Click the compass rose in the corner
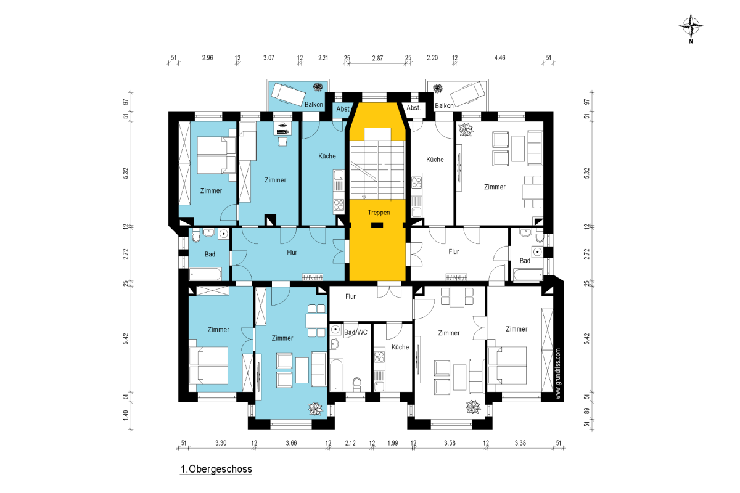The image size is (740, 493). pyautogui.click(x=691, y=26)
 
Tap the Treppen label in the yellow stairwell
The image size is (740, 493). pyautogui.click(x=379, y=213)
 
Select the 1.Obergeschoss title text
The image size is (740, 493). pyautogui.click(x=216, y=469)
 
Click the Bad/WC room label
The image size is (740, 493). pyautogui.click(x=356, y=332)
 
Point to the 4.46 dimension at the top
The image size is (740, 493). pyautogui.click(x=500, y=58)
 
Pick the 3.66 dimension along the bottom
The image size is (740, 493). pyautogui.click(x=291, y=443)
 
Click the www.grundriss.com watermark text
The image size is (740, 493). pyautogui.click(x=558, y=374)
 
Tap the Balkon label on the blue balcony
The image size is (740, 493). pyautogui.click(x=313, y=104)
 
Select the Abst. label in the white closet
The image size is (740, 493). pyautogui.click(x=414, y=108)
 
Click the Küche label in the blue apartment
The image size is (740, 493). pyautogui.click(x=327, y=156)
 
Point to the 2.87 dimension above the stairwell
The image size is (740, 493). pyautogui.click(x=377, y=58)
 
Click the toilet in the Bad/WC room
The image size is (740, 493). pyautogui.click(x=357, y=384)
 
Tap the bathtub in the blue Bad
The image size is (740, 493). pyautogui.click(x=205, y=274)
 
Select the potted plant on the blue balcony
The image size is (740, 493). pyautogui.click(x=318, y=87)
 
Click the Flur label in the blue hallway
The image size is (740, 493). pyautogui.click(x=292, y=252)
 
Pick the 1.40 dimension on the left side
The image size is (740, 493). pyautogui.click(x=126, y=415)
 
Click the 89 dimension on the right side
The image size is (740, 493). pyautogui.click(x=586, y=411)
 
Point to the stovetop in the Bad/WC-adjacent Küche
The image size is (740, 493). pyautogui.click(x=379, y=356)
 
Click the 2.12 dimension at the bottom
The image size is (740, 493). pyautogui.click(x=350, y=443)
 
